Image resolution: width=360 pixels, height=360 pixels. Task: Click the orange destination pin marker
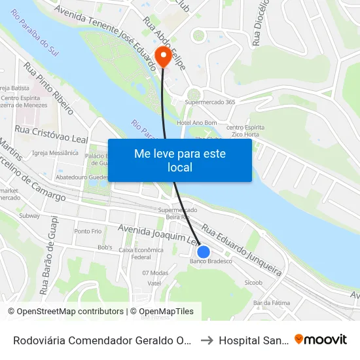(x=160, y=56)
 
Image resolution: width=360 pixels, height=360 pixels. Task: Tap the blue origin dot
(x=204, y=251)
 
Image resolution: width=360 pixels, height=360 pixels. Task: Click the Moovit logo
(x=321, y=339)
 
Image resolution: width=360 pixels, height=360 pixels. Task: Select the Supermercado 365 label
(x=210, y=102)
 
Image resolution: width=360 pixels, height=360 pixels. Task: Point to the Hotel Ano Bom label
(x=196, y=122)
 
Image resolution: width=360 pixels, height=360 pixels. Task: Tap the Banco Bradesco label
(x=211, y=261)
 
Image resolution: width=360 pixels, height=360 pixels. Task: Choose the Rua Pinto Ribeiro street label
(x=49, y=89)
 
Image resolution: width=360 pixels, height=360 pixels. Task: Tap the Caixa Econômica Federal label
(x=140, y=253)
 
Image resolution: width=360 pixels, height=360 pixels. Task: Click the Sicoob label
(x=253, y=283)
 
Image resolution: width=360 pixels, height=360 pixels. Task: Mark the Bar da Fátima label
(x=271, y=302)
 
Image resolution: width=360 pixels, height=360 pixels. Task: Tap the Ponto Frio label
(x=88, y=231)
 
